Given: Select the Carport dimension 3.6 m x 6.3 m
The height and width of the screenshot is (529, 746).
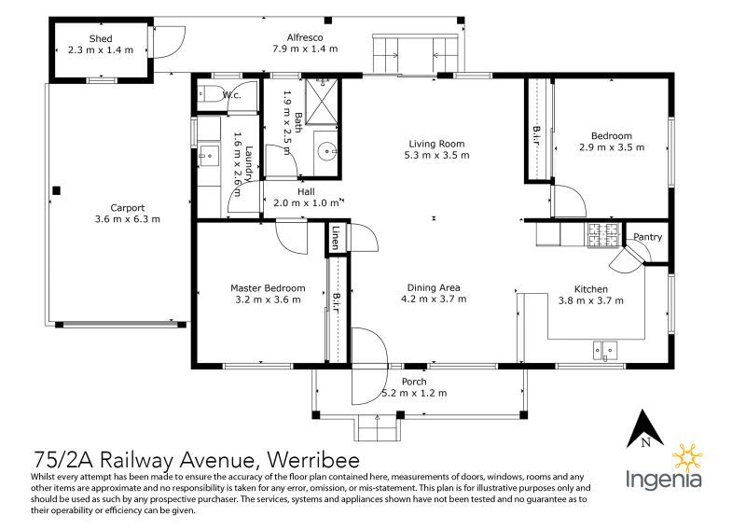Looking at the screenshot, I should point(128,219).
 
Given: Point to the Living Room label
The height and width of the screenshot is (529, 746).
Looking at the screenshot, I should point(435,144).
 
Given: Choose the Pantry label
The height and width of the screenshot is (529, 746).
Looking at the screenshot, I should point(647,237).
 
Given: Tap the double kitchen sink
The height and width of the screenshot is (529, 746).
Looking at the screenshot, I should point(604,351).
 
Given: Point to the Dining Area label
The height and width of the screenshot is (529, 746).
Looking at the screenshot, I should point(434,287).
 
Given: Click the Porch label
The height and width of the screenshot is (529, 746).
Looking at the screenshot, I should point(414,382).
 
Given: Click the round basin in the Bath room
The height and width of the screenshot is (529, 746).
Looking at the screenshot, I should point(326,149).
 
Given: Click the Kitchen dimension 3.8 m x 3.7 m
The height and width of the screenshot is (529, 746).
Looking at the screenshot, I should point(590,300).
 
